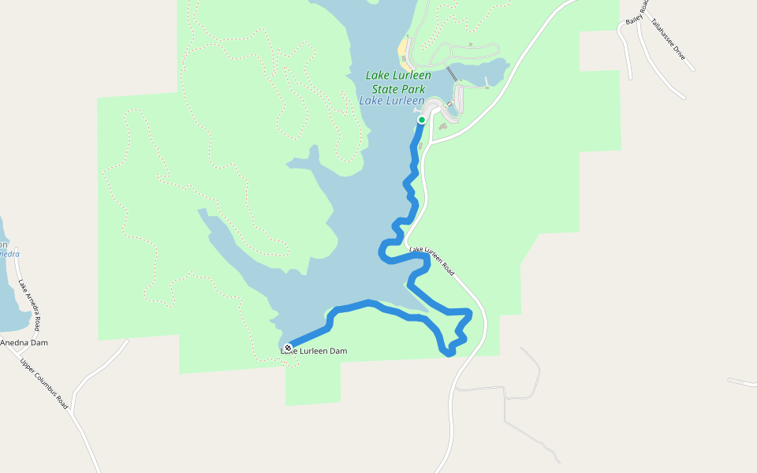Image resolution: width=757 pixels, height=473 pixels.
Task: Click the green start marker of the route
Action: tap(422, 120)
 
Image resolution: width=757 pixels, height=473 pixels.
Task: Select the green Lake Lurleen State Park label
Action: tap(398, 82)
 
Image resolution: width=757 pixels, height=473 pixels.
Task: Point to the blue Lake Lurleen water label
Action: tap(392, 101)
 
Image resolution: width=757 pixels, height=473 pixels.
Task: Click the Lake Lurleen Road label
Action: tap(431, 259)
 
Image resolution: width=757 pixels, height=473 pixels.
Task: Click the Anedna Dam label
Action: tap(24, 343)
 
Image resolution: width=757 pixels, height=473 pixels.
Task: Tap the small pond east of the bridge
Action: tap(477, 70)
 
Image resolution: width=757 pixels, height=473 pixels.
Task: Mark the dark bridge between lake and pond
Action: tap(452, 73)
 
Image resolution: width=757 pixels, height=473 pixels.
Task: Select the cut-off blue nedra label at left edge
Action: tap(9, 254)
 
